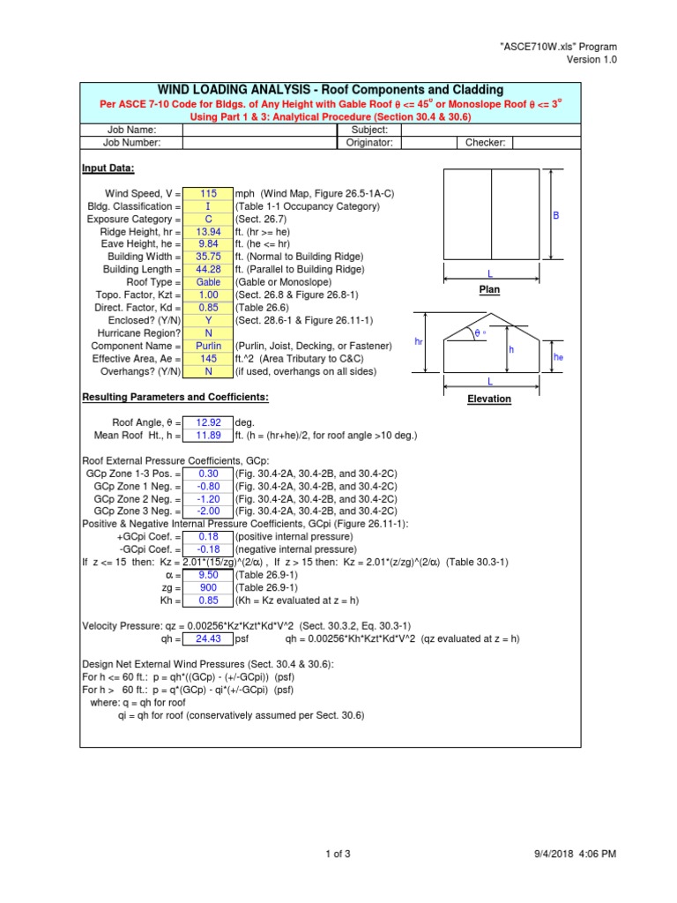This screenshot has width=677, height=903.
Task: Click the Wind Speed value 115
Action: coord(208,194)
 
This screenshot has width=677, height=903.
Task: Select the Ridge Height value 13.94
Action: coord(208,232)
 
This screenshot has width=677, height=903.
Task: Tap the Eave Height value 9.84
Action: coord(208,244)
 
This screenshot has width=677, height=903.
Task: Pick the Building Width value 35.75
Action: coord(208,257)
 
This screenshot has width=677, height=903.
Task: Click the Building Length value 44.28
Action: coord(208,269)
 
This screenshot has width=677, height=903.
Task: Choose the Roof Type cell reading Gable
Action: coord(208,282)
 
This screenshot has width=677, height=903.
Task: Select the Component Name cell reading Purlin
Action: coord(208,347)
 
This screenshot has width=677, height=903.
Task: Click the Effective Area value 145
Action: coord(208,359)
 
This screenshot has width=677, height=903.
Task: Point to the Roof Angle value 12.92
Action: coord(208,423)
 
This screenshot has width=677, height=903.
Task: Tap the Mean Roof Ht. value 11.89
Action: coord(208,436)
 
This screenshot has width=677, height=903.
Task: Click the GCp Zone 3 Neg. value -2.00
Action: coord(208,511)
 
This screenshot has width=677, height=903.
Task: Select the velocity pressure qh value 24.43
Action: coord(208,639)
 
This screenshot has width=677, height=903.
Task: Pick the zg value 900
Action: coord(208,588)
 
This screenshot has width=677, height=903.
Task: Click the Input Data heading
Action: coord(108,168)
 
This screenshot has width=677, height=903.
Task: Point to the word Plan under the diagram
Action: coord(489,289)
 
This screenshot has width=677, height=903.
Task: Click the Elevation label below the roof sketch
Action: coord(489,399)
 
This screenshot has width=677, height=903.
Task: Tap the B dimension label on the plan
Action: coord(556,215)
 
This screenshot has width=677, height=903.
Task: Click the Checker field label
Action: coord(485,142)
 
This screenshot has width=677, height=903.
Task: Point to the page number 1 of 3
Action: coord(338,854)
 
